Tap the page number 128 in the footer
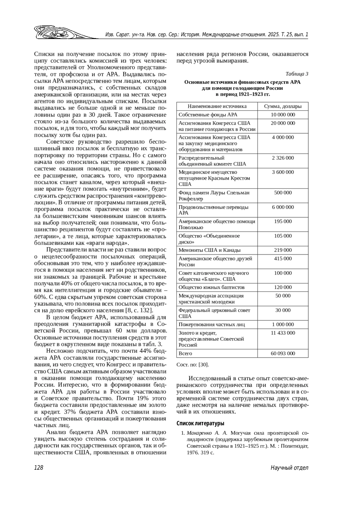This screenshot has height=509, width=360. pos(39,468)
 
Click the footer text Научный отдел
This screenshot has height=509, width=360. pos(289,468)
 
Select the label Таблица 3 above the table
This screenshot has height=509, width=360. pos(297,74)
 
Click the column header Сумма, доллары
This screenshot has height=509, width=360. pos(283,106)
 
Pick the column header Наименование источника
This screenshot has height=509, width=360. pos(217,106)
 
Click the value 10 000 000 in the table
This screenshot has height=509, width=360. pos(283,115)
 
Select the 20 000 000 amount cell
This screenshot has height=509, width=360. pos(283,123)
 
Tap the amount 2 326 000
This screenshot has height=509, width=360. pos(283,158)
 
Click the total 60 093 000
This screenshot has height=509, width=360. pos(283,353)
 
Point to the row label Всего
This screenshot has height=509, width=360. pos(185,353)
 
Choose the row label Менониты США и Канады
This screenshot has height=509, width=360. pos(209,250)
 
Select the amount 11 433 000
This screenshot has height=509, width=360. pos(283,333)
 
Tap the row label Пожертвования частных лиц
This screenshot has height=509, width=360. pos(211,325)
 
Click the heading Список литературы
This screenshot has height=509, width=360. pos(200,424)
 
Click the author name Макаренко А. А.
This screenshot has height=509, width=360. pos(207,433)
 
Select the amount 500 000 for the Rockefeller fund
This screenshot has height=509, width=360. pos(283,193)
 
